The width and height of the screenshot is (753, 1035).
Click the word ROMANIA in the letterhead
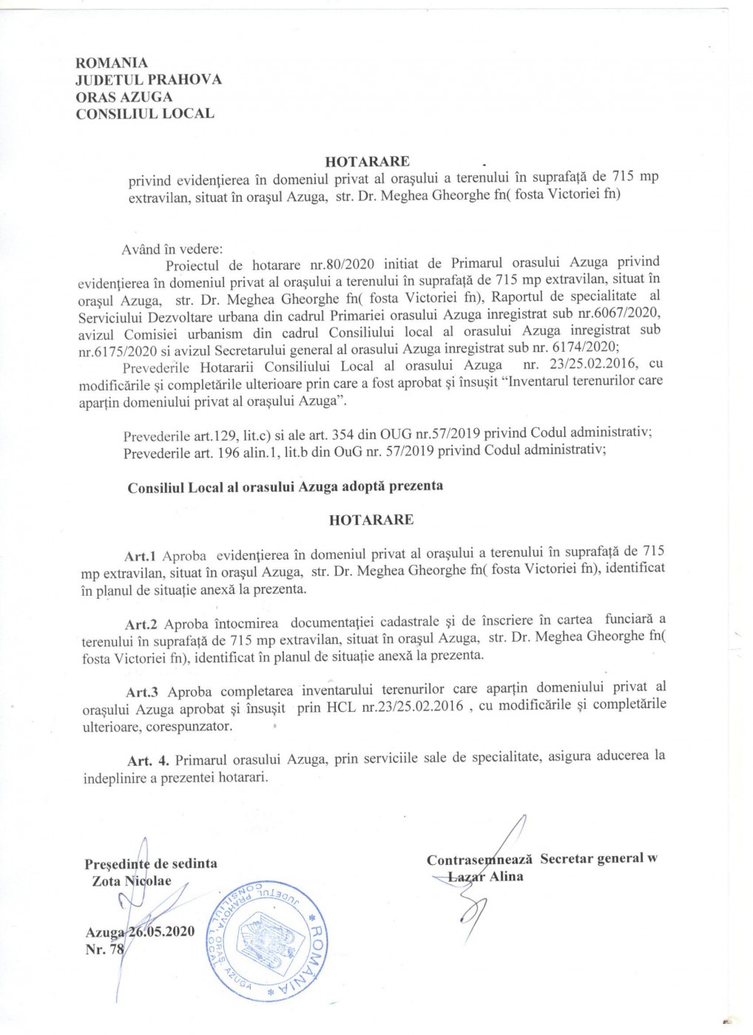[x=112, y=63]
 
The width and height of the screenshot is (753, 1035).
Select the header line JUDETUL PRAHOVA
[x=148, y=80]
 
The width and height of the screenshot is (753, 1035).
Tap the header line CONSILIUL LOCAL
[x=145, y=114]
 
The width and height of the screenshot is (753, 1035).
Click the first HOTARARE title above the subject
[x=368, y=161]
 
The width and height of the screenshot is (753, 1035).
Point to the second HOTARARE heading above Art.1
[x=371, y=520]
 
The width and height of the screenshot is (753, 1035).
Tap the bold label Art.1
[x=140, y=556]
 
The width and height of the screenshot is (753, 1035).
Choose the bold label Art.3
[x=142, y=693]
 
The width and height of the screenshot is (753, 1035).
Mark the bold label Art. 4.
[x=148, y=761]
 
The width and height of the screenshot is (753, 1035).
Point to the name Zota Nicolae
[x=132, y=881]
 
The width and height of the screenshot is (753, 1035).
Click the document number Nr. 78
[x=104, y=949]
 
